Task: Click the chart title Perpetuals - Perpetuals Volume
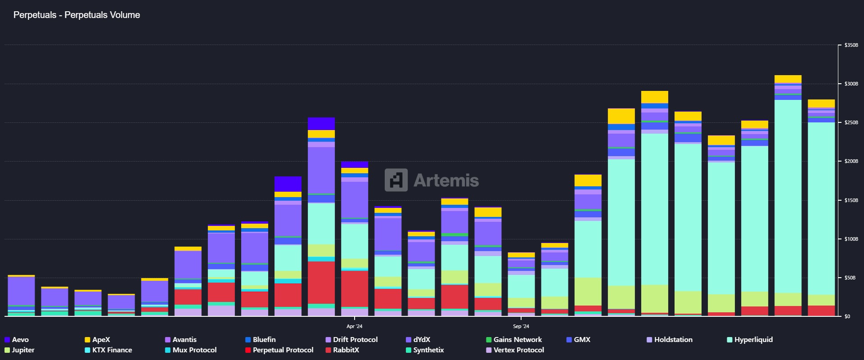[x=76, y=15]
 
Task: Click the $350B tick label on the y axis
[x=851, y=45]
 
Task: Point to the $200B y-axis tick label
[x=851, y=162]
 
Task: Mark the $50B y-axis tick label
[x=850, y=278]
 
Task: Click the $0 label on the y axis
[x=847, y=317]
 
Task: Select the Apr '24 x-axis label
[x=354, y=326]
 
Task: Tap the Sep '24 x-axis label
[x=521, y=326]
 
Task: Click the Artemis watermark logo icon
[x=396, y=180]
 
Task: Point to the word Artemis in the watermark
[x=446, y=180]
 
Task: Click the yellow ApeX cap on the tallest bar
[x=787, y=79]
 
